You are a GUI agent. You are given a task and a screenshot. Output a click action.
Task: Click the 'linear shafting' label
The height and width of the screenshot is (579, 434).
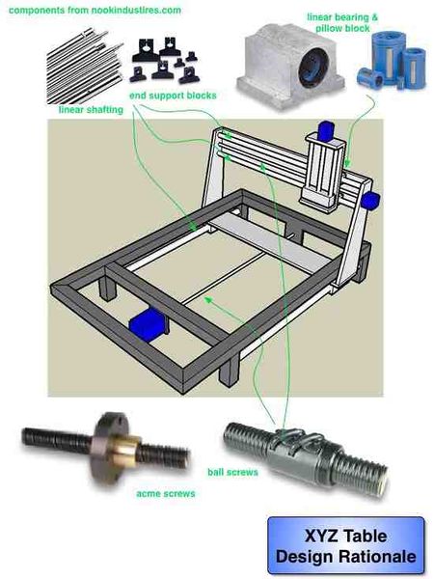91,110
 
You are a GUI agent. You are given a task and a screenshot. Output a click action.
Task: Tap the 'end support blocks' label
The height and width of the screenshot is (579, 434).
173,96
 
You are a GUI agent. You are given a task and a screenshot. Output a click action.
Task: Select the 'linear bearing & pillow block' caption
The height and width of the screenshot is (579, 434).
342,22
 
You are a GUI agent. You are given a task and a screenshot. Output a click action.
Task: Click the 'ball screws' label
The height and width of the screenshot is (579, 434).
232,472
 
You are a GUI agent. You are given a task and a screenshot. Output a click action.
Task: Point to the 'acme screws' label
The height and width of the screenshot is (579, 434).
166,493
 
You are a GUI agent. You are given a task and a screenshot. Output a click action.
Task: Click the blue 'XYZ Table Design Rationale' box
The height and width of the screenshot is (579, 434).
346,546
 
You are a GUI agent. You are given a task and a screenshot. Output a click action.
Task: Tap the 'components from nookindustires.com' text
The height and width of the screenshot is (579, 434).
95,10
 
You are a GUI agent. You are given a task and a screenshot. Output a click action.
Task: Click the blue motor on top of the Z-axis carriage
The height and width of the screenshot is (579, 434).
325,130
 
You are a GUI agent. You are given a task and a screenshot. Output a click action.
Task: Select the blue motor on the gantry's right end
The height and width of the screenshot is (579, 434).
370,201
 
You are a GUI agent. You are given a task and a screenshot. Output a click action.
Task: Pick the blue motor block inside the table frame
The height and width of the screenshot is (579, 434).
147,324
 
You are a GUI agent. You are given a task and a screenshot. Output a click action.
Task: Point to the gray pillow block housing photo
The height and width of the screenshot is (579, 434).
290,66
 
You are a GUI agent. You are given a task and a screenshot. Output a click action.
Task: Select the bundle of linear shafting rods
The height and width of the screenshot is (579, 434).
85,67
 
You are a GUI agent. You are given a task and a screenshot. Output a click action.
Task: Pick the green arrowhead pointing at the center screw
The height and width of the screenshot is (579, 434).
208,299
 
